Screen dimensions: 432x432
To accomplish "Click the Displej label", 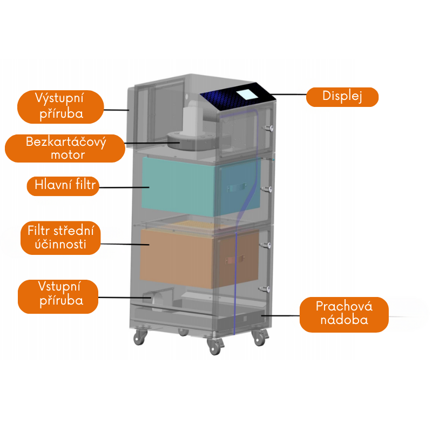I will point(342,97).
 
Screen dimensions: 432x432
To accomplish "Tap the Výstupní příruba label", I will point(60,106).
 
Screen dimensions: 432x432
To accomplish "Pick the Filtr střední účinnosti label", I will point(64,238).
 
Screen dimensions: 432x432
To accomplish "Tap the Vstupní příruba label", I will point(58,296).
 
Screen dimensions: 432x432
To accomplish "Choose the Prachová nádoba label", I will point(344,314).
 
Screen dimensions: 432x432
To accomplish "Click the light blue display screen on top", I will point(248,92).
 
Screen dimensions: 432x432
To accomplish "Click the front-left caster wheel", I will point(140,337).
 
